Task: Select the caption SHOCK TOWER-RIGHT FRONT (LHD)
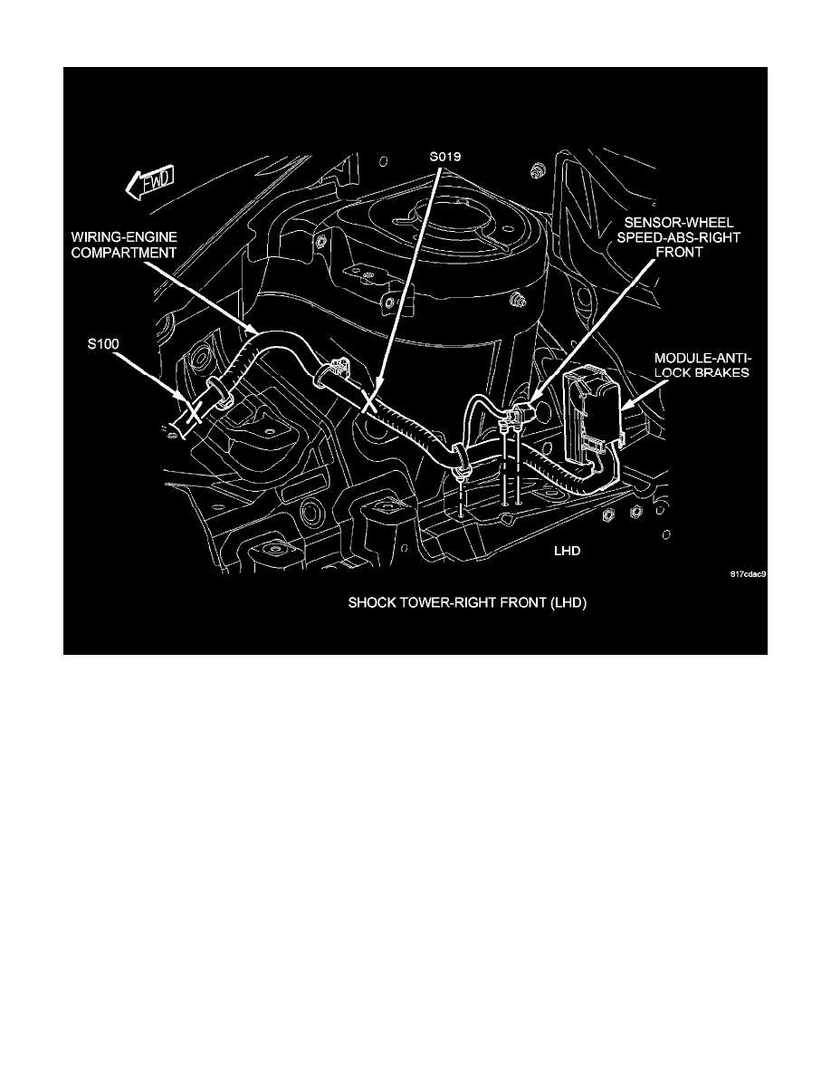pyautogui.click(x=468, y=603)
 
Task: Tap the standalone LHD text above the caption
pyautogui.click(x=568, y=549)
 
